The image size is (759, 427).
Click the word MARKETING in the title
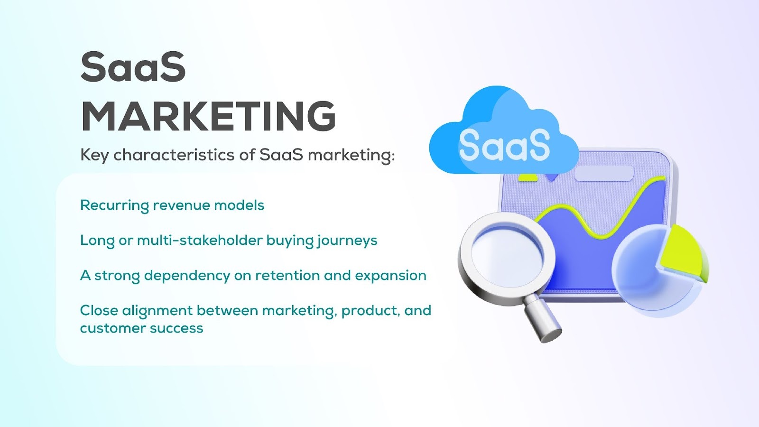209,116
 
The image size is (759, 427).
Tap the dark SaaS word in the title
133,67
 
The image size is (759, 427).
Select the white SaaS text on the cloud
504,145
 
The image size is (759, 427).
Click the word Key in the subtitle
94,155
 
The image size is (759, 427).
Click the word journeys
347,241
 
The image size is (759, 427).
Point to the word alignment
157,311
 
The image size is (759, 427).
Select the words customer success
141,328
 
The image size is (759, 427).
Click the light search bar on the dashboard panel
604,174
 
